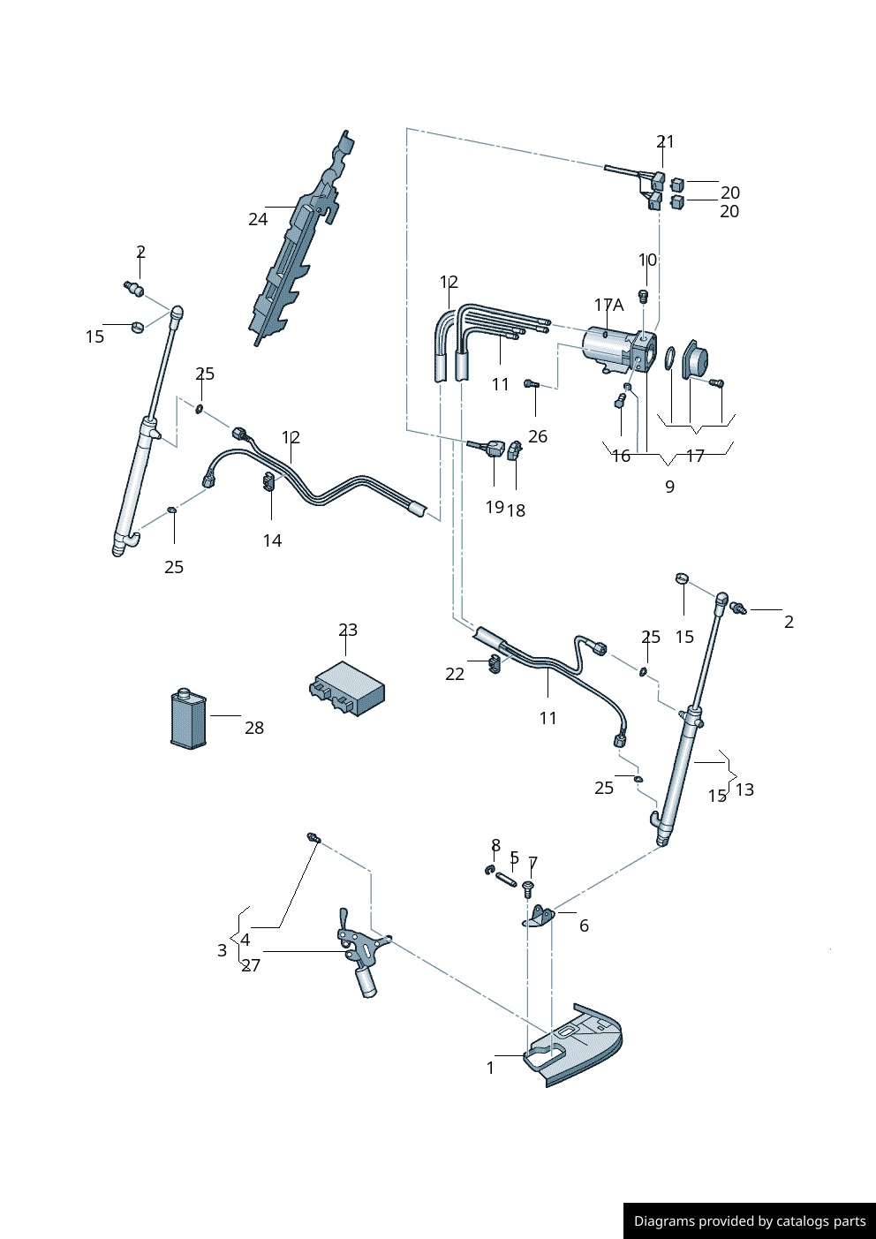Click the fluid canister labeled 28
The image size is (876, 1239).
coord(188,719)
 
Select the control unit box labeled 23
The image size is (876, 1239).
coord(348,688)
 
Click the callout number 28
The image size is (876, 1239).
coord(254,728)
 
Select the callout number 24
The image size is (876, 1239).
coord(258,219)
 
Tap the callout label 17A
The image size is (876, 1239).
coord(608,305)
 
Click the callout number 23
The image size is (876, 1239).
coord(348,630)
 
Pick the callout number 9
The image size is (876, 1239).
coord(669,487)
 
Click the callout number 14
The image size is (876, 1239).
coord(272,540)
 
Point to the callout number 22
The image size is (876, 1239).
coord(455,674)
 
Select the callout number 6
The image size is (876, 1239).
coord(584,925)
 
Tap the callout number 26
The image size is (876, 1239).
coord(538,436)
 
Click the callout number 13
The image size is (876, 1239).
coord(744,789)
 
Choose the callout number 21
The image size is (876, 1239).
coord(665,141)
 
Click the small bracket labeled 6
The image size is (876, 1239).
coord(540,915)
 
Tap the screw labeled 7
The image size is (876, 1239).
coord(528,886)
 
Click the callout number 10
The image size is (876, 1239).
coord(648,260)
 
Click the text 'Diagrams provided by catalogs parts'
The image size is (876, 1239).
coord(750,1221)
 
